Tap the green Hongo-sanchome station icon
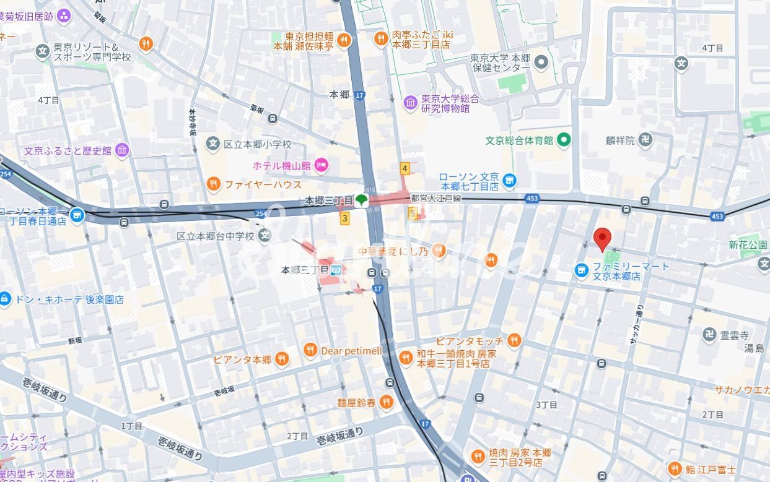(x=362, y=200)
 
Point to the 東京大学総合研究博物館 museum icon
(x=410, y=103)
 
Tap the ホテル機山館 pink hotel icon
(x=322, y=165)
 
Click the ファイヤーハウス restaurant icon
(x=213, y=184)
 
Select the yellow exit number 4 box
(x=405, y=168)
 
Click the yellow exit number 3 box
(x=345, y=218)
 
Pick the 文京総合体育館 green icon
(x=564, y=140)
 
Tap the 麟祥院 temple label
(x=621, y=140)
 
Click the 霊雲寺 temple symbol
(x=709, y=335)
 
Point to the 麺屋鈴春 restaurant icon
(x=387, y=403)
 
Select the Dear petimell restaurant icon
(x=310, y=351)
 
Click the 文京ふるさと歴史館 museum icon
(x=122, y=150)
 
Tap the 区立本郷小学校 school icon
(x=213, y=144)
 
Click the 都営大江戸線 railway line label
(x=436, y=198)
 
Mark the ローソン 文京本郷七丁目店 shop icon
(x=509, y=181)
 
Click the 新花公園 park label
(x=748, y=245)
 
